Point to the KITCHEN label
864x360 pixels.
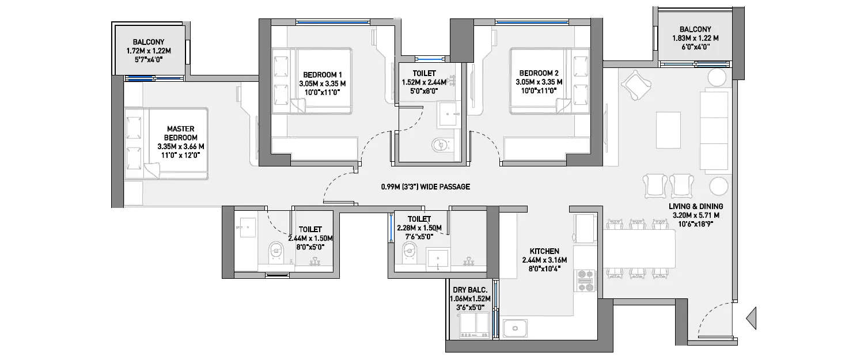(x=544, y=251)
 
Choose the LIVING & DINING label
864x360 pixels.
(x=696, y=206)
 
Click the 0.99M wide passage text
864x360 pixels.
(x=426, y=187)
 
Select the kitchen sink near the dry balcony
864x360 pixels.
(x=516, y=328)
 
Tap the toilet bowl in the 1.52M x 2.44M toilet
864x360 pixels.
(x=439, y=144)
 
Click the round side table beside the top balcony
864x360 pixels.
(x=717, y=77)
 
